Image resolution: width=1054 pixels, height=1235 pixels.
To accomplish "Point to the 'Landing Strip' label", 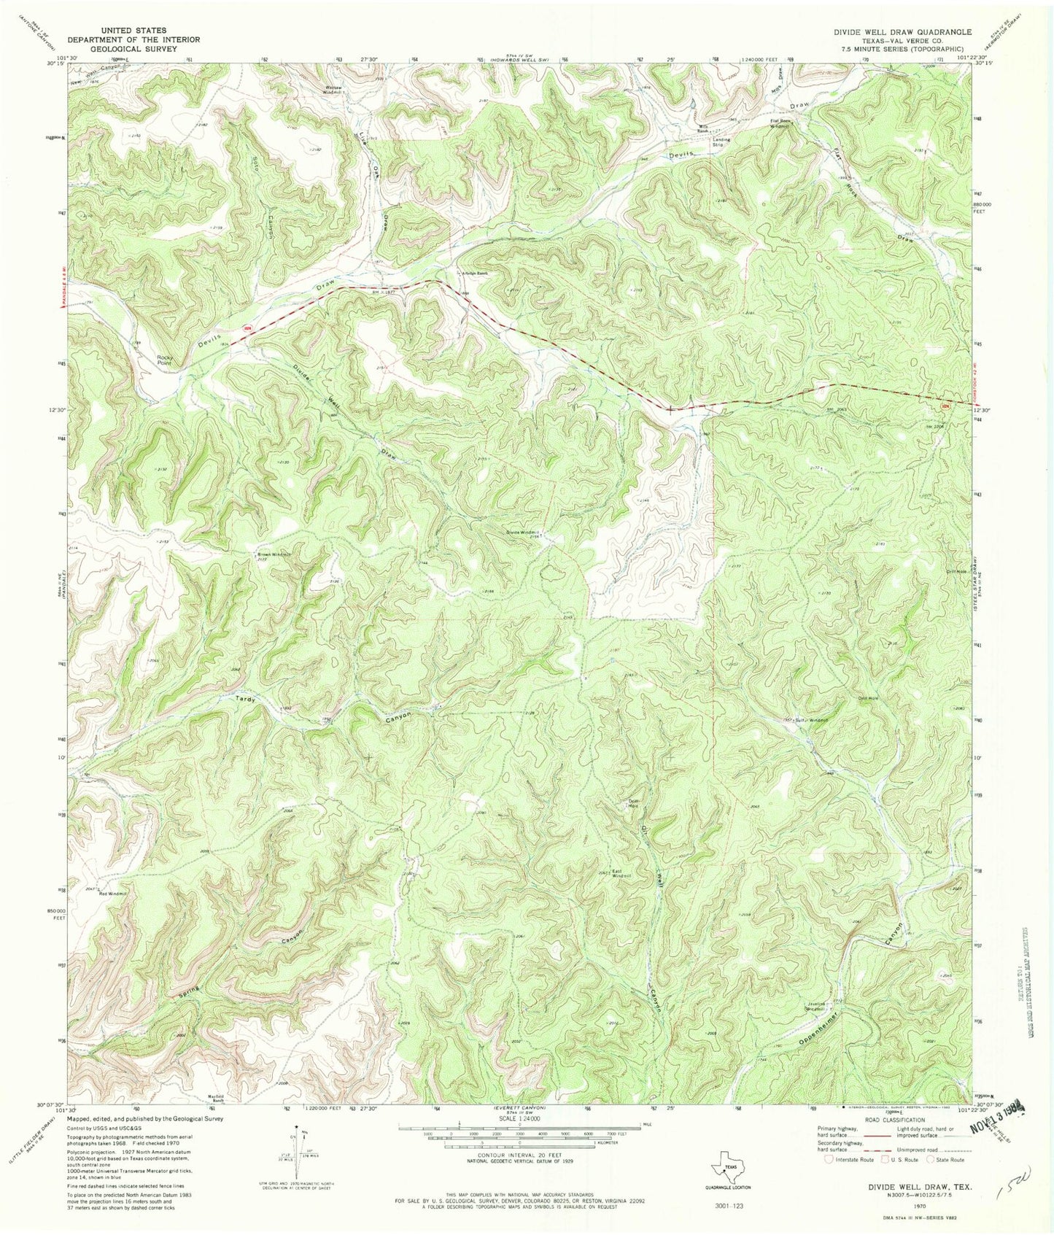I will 721,141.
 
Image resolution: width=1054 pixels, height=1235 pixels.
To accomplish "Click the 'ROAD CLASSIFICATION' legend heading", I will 895,1120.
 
